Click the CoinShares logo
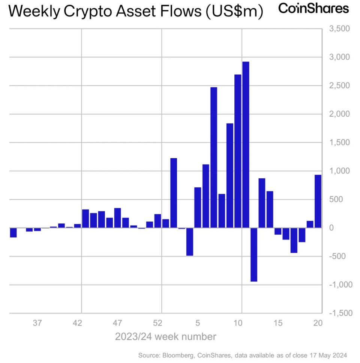click(313, 9)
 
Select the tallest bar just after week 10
click(246, 145)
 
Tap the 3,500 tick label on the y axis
click(339, 29)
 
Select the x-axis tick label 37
click(37, 323)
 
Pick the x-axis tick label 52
click(157, 323)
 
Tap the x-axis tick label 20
click(318, 323)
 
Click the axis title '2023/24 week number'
click(165, 336)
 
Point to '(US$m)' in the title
click(234, 12)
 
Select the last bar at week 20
click(318, 201)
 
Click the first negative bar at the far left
click(13, 232)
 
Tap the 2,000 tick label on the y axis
click(339, 114)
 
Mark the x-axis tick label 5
click(198, 323)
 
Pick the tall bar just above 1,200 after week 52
click(174, 193)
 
